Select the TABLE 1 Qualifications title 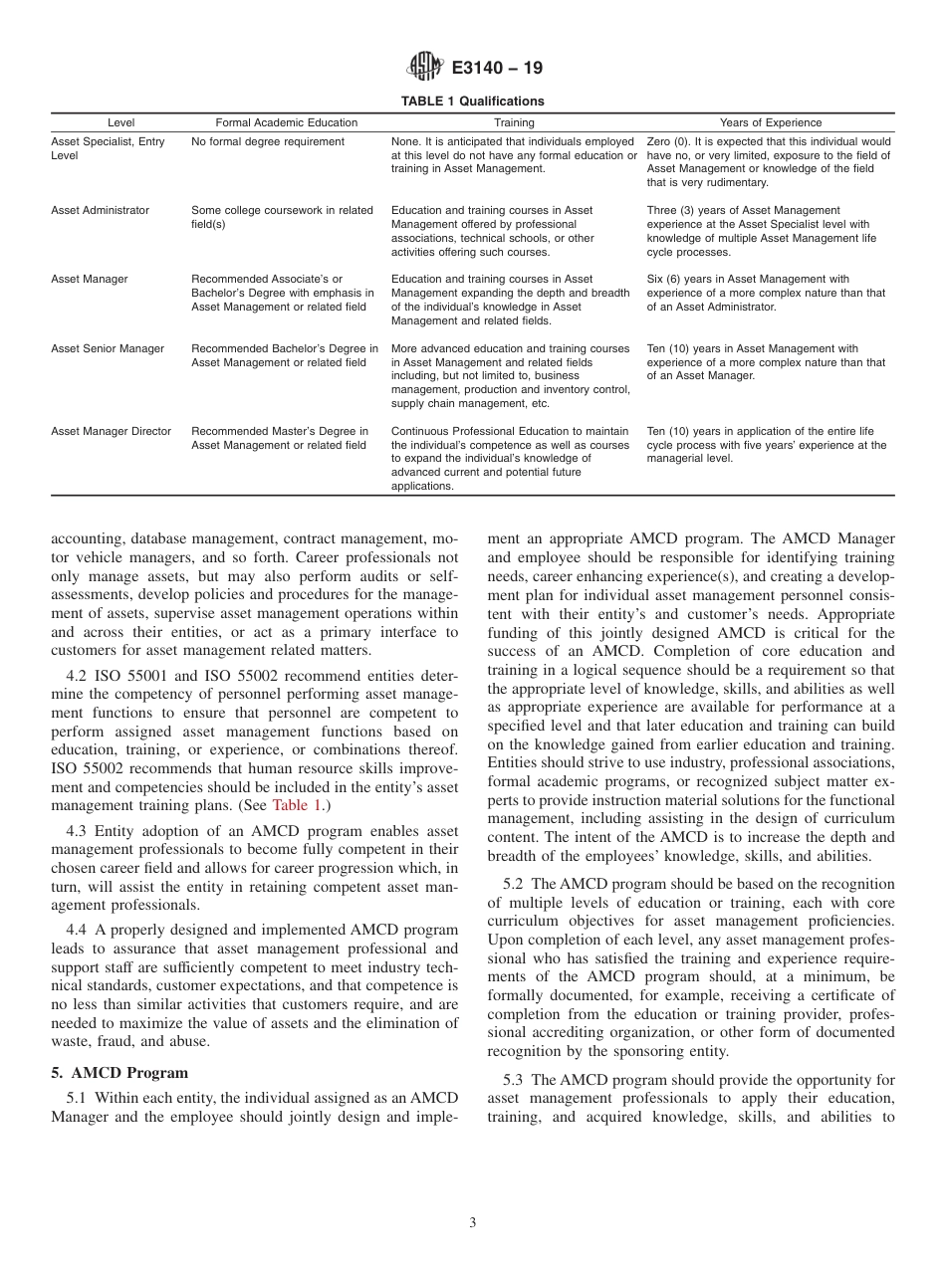(x=472, y=102)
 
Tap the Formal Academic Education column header (x=287, y=122)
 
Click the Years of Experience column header (x=770, y=122)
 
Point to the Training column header (x=514, y=122)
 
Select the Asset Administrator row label (x=100, y=211)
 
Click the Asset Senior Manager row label (x=108, y=349)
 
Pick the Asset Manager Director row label (x=111, y=432)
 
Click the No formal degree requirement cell (x=268, y=142)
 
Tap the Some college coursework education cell (x=282, y=217)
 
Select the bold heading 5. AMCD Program (x=119, y=1073)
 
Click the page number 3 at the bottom (x=473, y=1223)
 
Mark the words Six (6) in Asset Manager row (x=661, y=280)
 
